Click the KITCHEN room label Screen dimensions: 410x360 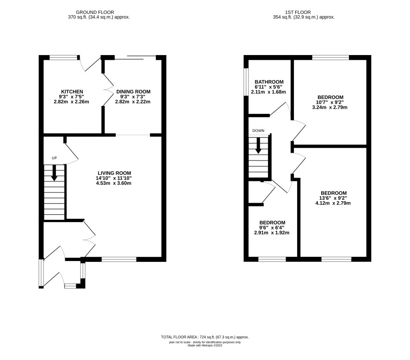pos(72,92)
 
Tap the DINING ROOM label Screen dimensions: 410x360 pos(133,92)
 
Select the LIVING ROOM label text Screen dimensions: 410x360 pos(114,173)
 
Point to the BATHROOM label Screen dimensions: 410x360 pos(269,82)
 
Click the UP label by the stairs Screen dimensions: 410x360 pos(54,158)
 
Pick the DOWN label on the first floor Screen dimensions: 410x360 pos(258,130)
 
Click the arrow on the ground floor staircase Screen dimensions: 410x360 pos(54,173)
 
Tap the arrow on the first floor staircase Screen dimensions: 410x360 pos(258,145)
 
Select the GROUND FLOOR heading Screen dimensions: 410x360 pos(95,12)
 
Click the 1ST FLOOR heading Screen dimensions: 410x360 pos(298,12)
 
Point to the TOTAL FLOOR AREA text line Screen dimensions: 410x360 pos(205,337)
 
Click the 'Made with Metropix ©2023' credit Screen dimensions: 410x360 pos(205,345)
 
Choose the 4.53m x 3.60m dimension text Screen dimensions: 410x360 pos(114,183)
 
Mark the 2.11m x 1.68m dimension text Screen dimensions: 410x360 pos(268,92)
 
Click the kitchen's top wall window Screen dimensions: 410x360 pos(64,58)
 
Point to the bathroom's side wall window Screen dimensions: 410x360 pos(246,82)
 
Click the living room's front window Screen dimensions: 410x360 pos(119,259)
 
